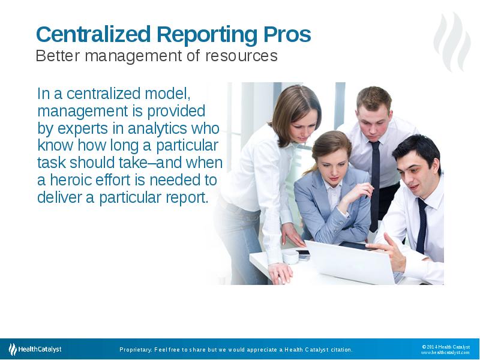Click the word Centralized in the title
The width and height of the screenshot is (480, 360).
tap(94, 34)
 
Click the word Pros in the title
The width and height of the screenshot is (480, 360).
tap(287, 34)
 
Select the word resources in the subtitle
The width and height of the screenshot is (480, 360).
tap(242, 56)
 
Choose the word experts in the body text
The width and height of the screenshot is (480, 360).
tap(83, 129)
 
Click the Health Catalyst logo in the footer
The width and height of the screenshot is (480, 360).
tap(35, 349)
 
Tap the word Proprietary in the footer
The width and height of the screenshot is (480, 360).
tap(135, 350)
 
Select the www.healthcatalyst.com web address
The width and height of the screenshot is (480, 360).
tap(445, 353)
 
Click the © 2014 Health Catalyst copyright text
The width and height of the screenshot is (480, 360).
tap(446, 347)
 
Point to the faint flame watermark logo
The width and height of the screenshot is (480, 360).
tap(452, 42)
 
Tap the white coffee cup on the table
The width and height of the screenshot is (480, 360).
tap(290, 257)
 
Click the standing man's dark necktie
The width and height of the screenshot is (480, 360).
tap(374, 185)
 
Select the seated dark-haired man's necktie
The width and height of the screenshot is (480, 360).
tap(422, 226)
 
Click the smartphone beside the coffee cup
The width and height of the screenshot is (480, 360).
tap(303, 254)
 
